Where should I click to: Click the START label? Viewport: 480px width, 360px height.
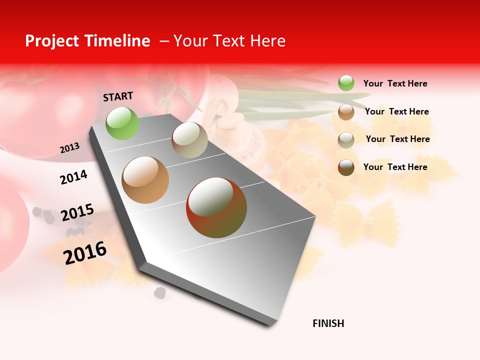[x=118, y=96]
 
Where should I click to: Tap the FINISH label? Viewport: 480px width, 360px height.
[x=328, y=323]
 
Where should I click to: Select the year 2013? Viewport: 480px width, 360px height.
[x=69, y=148]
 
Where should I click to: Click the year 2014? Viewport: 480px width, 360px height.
[x=73, y=177]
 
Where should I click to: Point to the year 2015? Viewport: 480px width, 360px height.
[x=77, y=212]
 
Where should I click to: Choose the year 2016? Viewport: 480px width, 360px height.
[x=85, y=252]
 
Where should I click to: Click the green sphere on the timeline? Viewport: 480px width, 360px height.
[x=122, y=123]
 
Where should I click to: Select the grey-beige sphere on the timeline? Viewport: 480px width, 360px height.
[x=189, y=140]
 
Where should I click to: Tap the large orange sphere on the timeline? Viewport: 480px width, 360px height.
[x=145, y=180]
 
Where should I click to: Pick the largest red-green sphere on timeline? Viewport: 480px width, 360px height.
[x=216, y=207]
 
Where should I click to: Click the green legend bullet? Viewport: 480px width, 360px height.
[x=346, y=83]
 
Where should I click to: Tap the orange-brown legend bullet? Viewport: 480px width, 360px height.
[x=346, y=112]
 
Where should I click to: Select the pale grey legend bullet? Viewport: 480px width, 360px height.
[x=346, y=140]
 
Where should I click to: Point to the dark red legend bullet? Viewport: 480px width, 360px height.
[x=346, y=167]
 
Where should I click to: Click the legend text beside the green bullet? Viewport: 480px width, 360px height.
[x=395, y=83]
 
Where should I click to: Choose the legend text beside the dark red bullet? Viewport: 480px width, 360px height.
[x=395, y=167]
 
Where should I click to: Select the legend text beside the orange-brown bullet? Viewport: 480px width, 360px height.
[x=396, y=111]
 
